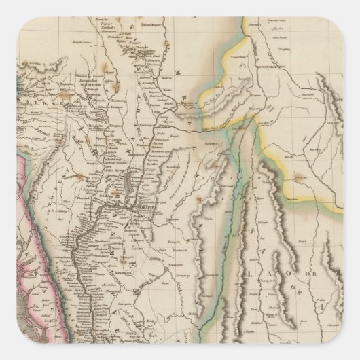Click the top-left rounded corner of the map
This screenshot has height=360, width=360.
pyautogui.click(x=5, y=5)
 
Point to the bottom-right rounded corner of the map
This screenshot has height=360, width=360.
pyautogui.click(x=355, y=355)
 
